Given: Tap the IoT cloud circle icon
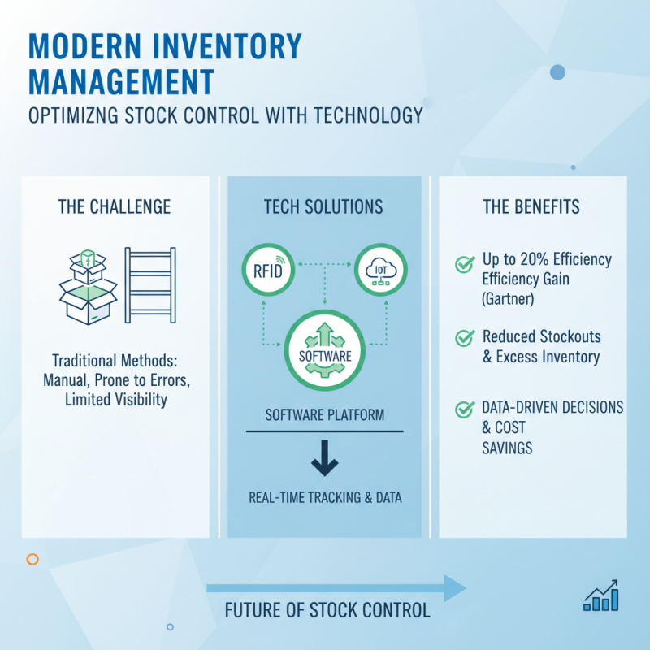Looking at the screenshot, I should pos(380,270).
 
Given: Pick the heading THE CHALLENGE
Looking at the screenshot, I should pos(115,206).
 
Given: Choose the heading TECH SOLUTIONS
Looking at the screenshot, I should pos(324,206).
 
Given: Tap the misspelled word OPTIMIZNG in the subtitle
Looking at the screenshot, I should pos(74,116).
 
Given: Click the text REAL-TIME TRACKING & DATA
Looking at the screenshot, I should pos(325,497).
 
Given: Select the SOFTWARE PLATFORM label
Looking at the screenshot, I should pos(325,415).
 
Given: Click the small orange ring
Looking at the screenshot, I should pos(32,559).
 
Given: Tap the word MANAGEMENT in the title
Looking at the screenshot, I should pos(122,81).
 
